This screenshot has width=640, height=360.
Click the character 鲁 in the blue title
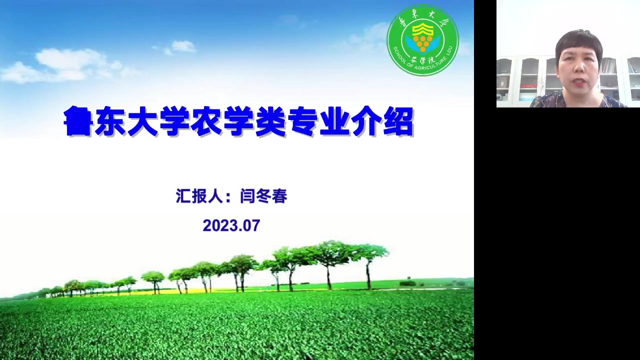pos(78,121)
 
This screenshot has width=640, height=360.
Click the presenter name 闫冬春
pos(263,196)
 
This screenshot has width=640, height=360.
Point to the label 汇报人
pos(199,196)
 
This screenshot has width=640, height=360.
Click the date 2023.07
pos(231,225)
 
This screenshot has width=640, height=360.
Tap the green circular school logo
pos(423,40)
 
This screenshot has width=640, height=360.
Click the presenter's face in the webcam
pos(580,67)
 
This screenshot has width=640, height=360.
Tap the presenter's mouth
pos(579,82)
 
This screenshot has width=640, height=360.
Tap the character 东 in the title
pos(110,121)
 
